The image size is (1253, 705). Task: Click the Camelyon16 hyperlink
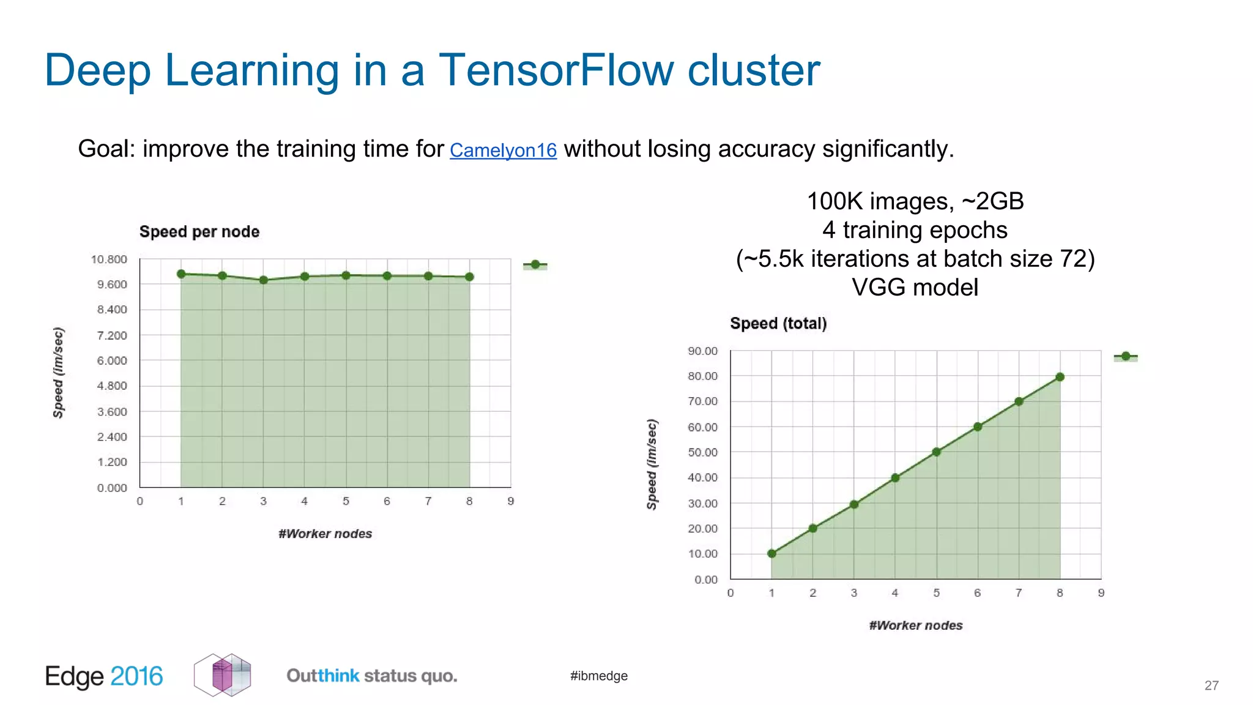[503, 150]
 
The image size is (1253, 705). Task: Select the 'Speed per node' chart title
[199, 232]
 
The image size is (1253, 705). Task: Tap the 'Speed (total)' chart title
[778, 324]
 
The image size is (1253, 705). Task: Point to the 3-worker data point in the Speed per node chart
[264, 280]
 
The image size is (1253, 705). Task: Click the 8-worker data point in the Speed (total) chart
[1060, 377]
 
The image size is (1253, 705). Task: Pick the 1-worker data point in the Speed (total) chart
[772, 553]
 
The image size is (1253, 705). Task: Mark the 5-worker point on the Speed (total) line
[936, 452]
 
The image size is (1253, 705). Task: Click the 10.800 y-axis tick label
[109, 259]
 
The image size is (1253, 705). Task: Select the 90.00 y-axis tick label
[702, 351]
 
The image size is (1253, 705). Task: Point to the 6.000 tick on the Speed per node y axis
[112, 360]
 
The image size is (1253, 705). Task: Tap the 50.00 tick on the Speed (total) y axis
[702, 452]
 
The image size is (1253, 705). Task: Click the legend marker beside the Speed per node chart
[535, 264]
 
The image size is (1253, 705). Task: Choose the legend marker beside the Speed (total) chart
[1126, 356]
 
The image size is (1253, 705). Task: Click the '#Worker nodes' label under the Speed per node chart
[325, 534]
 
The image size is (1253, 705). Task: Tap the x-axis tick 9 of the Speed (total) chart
[1101, 593]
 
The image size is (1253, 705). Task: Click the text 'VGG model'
[915, 288]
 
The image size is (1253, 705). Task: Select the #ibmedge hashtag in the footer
[598, 676]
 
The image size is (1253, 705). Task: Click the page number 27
[1211, 685]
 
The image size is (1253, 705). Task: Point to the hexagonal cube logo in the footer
[223, 675]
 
